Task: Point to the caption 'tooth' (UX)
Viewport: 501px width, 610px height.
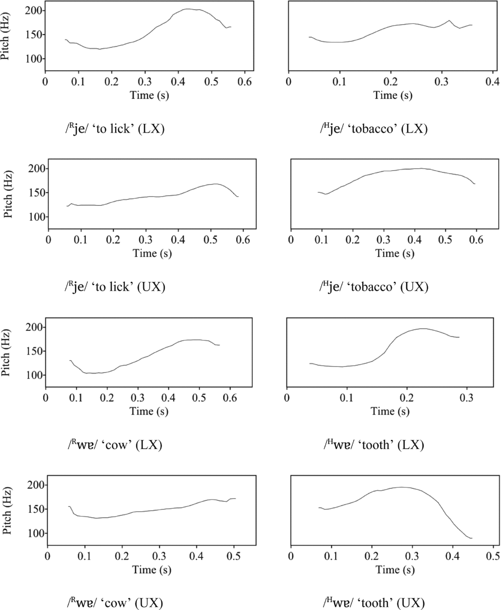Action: click(x=374, y=603)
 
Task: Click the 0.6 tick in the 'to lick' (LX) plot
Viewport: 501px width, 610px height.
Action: click(x=244, y=81)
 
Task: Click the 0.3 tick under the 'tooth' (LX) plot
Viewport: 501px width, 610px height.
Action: click(x=467, y=398)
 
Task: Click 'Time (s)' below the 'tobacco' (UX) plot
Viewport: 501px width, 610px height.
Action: click(x=395, y=253)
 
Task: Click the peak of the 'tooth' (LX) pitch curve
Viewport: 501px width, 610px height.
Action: click(x=422, y=329)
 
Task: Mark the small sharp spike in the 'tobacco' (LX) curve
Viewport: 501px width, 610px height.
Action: click(x=449, y=20)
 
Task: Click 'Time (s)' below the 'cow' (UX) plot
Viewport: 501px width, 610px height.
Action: click(x=151, y=570)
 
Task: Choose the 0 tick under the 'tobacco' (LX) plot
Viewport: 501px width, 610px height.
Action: click(x=288, y=81)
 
